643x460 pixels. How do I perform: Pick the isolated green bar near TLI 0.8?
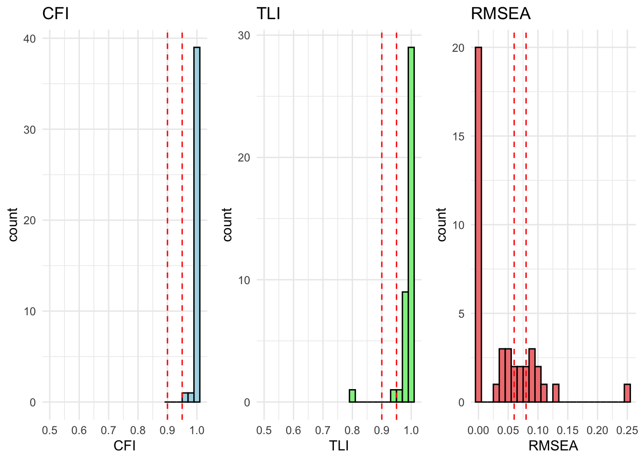352,396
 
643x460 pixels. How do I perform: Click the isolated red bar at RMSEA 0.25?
627,393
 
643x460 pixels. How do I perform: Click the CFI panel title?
55,14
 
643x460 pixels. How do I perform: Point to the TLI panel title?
268,14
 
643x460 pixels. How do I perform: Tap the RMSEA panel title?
500,14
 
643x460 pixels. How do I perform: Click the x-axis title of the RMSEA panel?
553,446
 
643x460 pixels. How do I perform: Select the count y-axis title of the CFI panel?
13,224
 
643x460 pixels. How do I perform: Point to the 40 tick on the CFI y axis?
30,39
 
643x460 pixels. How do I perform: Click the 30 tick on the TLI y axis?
244,35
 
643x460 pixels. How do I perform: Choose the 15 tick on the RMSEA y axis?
458,137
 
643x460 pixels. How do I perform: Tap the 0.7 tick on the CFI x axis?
109,430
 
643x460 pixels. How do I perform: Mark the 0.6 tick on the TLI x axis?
293,430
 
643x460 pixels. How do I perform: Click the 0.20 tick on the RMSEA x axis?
598,430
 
